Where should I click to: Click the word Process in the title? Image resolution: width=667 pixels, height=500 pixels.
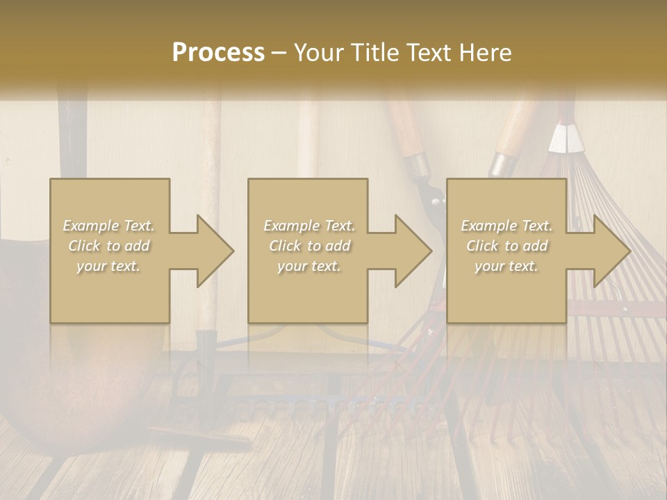218,53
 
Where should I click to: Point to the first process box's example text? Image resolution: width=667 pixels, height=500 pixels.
109,246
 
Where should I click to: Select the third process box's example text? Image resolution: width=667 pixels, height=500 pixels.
507,246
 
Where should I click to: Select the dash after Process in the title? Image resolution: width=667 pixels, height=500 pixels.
279,53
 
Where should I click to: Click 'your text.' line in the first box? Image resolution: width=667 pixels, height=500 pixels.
109,266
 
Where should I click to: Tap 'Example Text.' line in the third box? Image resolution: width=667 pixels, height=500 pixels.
507,226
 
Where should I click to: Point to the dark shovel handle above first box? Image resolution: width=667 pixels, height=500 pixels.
71,139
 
